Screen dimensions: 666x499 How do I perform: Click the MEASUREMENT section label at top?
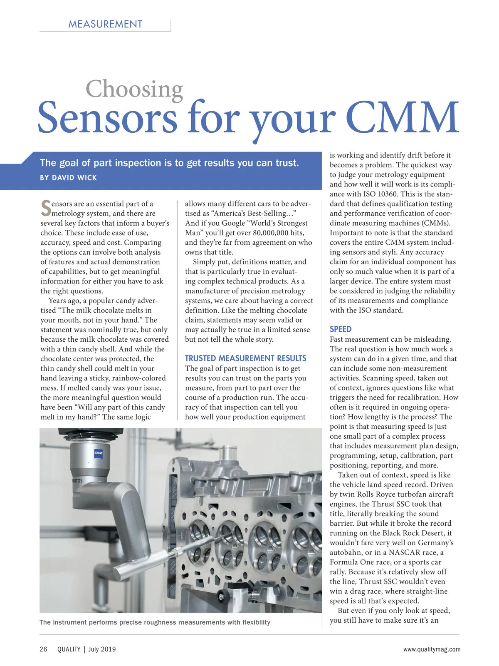pyautogui.click(x=105, y=24)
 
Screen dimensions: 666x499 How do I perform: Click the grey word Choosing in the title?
pyautogui.click(x=134, y=89)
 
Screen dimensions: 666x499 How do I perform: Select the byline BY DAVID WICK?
pyautogui.click(x=68, y=178)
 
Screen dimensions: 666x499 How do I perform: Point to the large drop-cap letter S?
pyautogui.click(x=46, y=208)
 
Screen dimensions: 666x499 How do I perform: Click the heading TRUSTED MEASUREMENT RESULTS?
pyautogui.click(x=245, y=358)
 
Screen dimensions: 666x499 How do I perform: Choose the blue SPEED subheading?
pyautogui.click(x=341, y=329)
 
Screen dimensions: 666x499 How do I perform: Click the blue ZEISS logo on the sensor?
pyautogui.click(x=99, y=453)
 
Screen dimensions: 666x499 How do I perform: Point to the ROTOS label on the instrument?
pyautogui.click(x=77, y=481)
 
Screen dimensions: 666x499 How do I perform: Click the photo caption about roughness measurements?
pyautogui.click(x=155, y=622)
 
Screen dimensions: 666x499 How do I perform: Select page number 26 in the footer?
pyautogui.click(x=44, y=649)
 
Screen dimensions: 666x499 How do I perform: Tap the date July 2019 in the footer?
pyautogui.click(x=102, y=649)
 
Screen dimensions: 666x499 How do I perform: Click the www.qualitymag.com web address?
pyautogui.click(x=432, y=649)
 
